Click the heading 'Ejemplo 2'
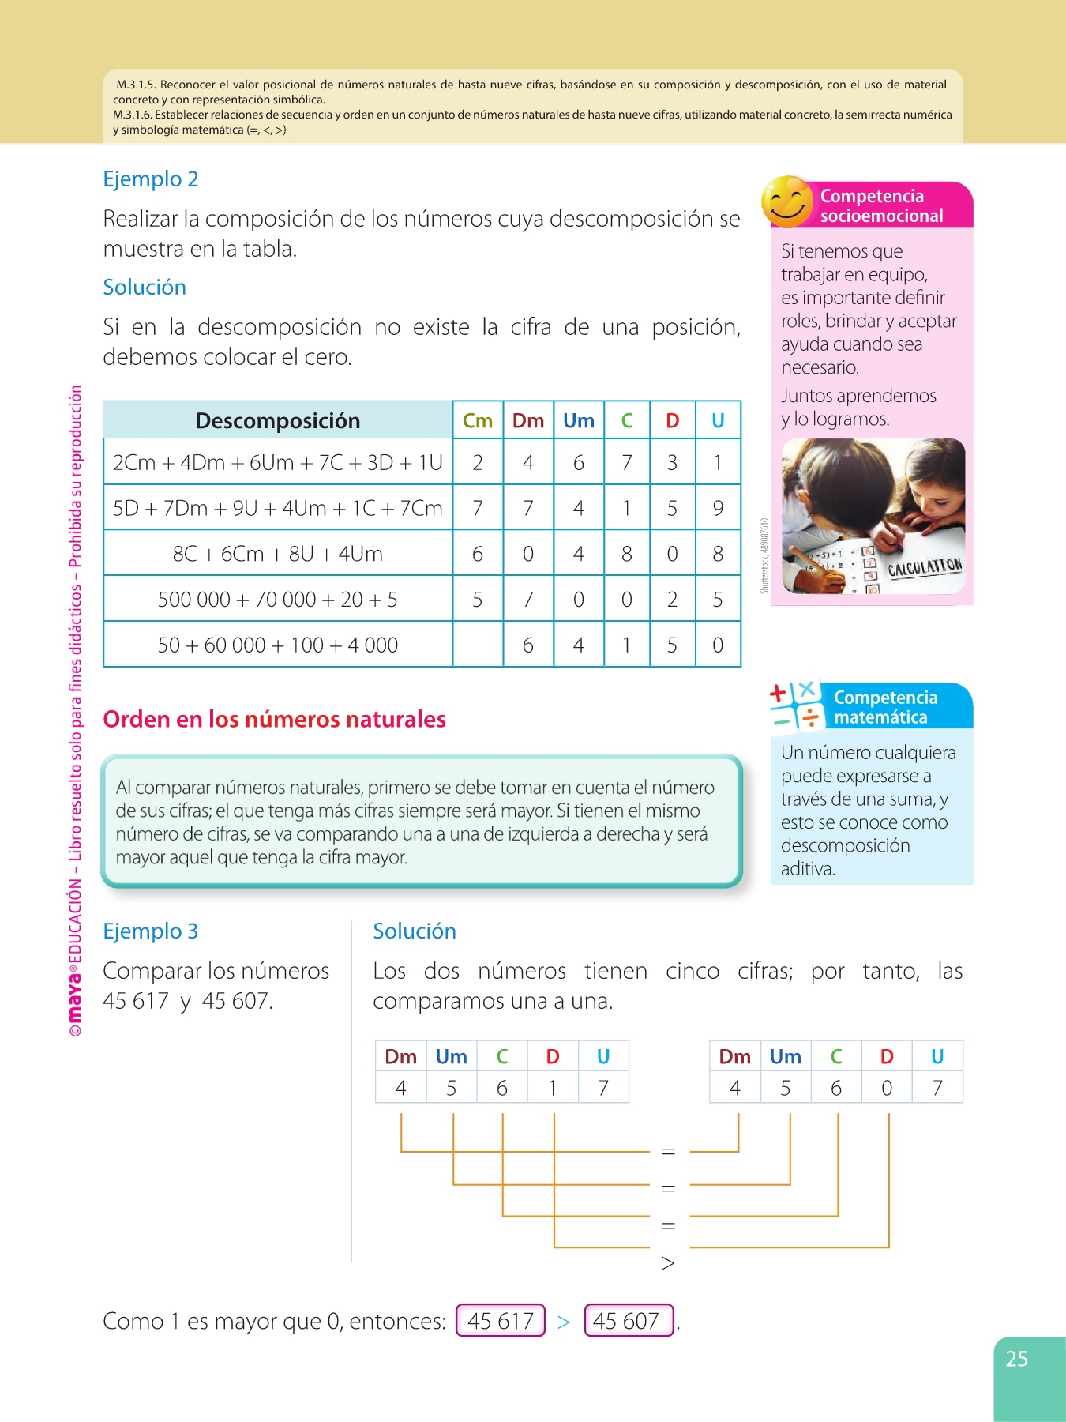150,179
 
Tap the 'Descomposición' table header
277,421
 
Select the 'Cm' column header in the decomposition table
477,421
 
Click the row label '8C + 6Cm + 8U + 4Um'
277,554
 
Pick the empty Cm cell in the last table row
477,645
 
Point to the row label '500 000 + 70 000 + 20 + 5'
277,600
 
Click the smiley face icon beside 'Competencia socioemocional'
787,201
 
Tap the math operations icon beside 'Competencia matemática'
796,705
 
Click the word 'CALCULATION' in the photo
924,566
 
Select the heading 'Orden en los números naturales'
274,720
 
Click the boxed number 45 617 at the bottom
501,1321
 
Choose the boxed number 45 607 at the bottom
628,1321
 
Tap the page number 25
1016,1359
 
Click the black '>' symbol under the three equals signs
668,1263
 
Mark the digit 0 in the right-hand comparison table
887,1089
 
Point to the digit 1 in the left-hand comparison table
553,1089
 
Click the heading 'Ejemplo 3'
150,931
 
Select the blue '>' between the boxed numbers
563,1322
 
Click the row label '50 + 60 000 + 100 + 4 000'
277,645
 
